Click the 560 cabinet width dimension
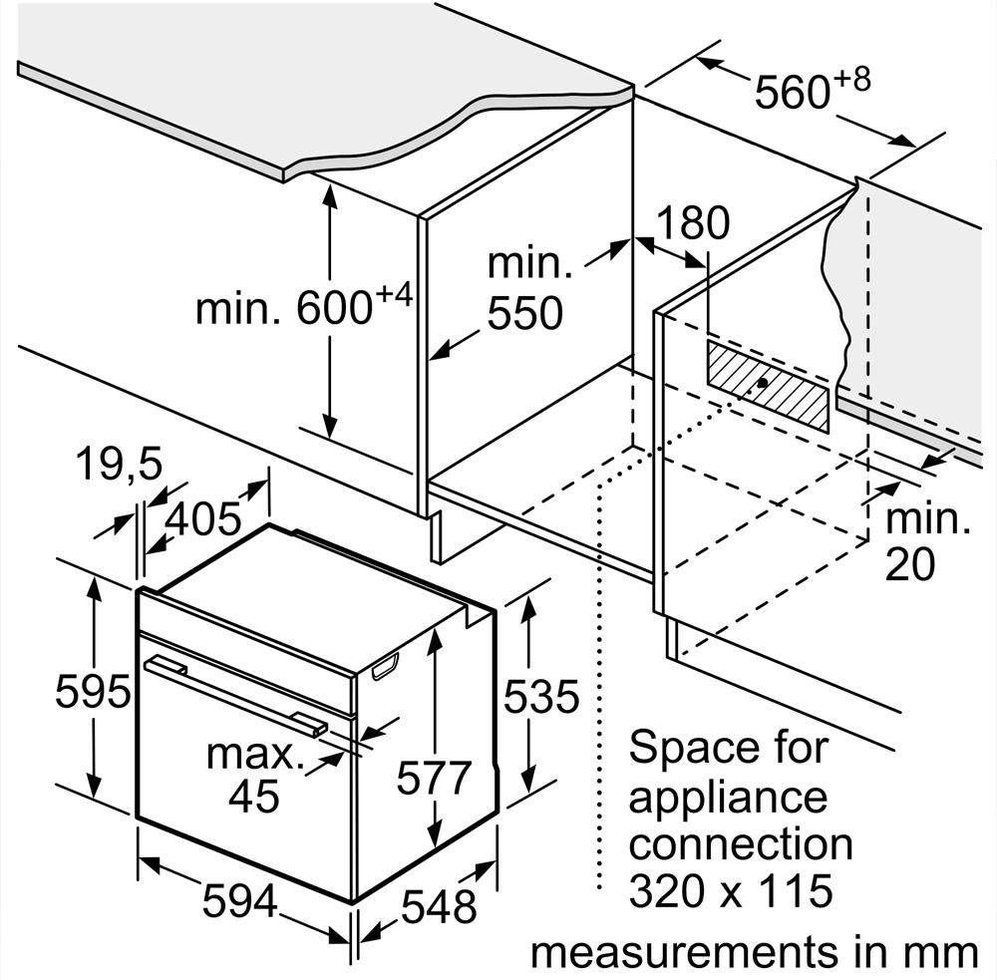(x=812, y=90)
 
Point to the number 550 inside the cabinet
(x=525, y=312)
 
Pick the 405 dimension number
(x=203, y=518)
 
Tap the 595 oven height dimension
(x=93, y=691)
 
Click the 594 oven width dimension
(x=240, y=900)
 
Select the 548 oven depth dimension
(x=439, y=906)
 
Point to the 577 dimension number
(x=435, y=778)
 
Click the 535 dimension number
(x=541, y=696)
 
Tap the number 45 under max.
(x=253, y=796)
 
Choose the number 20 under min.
(x=910, y=563)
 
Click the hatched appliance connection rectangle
(x=768, y=386)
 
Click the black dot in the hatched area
(x=762, y=382)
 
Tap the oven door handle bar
(x=236, y=696)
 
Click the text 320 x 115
(x=731, y=890)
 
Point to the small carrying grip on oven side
(x=385, y=667)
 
